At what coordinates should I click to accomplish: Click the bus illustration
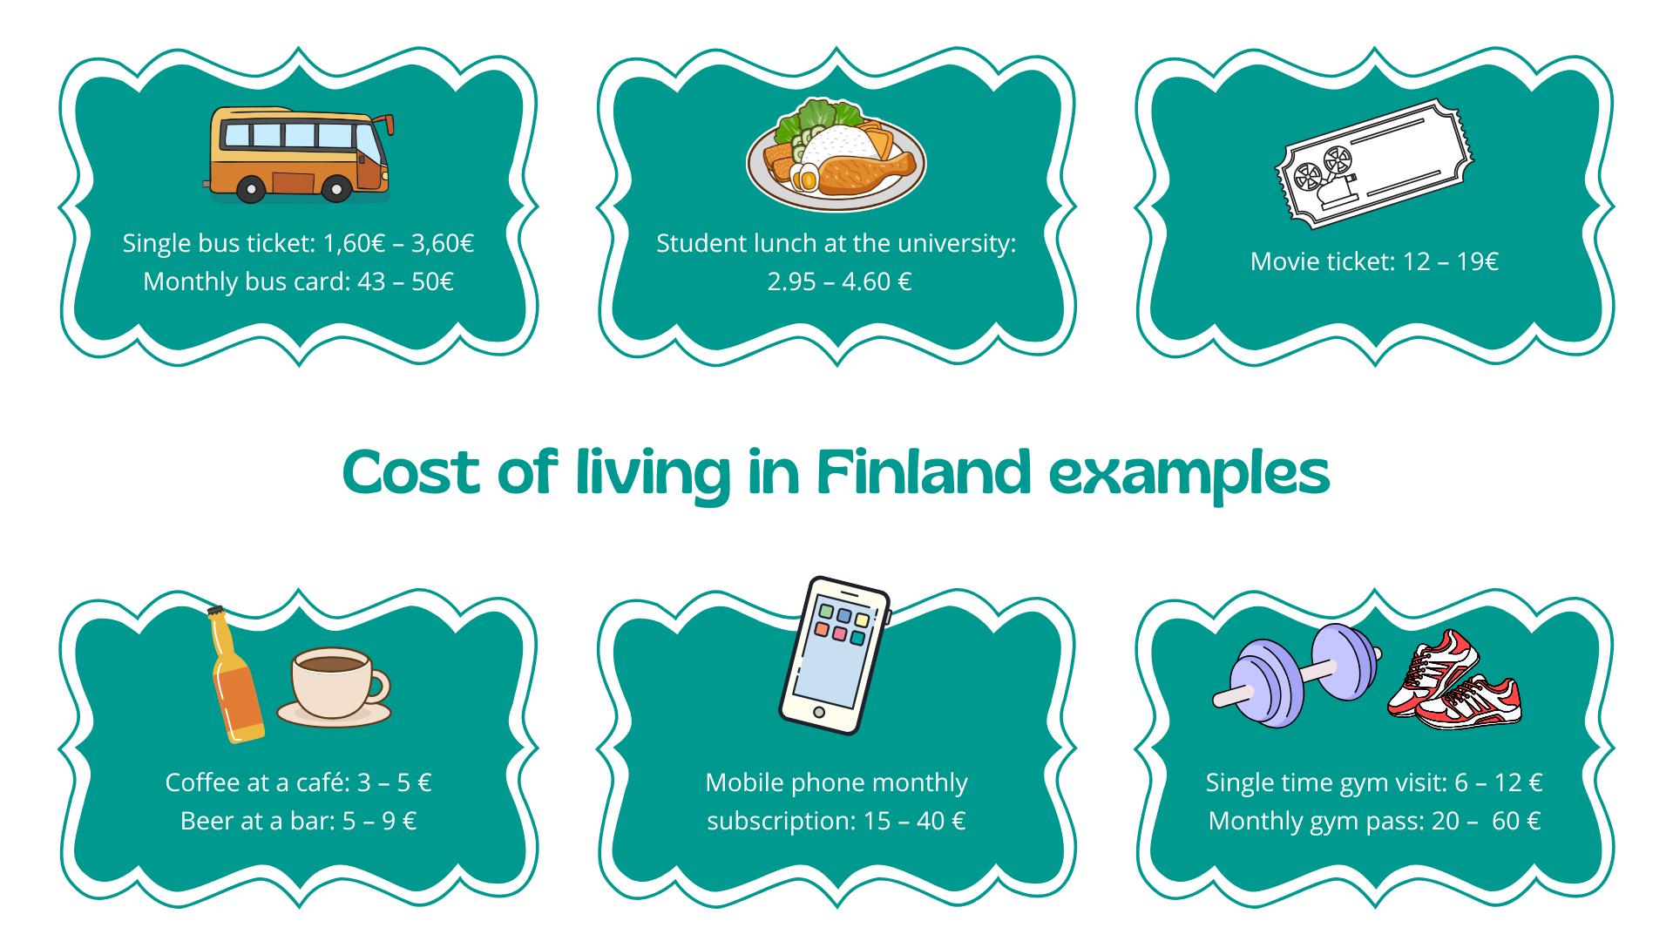point(299,154)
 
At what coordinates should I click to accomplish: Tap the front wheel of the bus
point(336,189)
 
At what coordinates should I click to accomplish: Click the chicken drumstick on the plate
point(864,172)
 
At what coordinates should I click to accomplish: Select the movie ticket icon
point(1373,164)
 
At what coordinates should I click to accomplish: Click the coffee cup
point(335,686)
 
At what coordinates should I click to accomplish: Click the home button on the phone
point(818,713)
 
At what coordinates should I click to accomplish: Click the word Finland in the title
point(924,473)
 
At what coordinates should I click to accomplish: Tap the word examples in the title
point(1189,475)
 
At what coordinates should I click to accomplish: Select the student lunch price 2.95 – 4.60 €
point(838,282)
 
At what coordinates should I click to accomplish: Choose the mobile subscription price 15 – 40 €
point(914,822)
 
